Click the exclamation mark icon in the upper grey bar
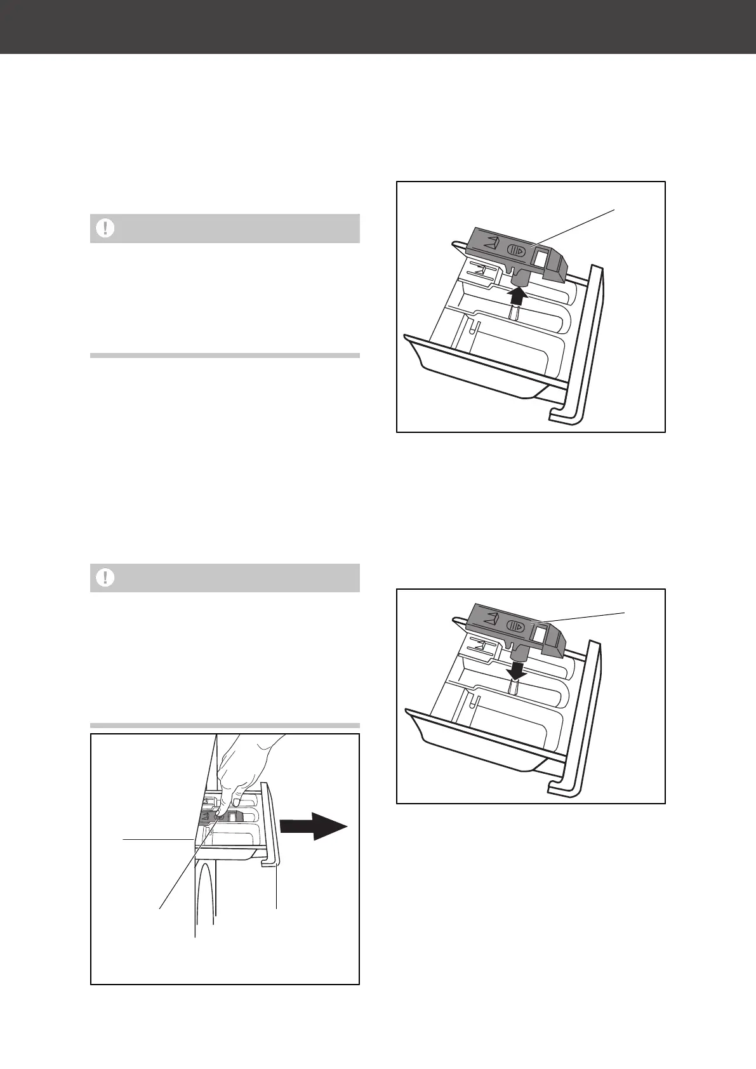(x=105, y=229)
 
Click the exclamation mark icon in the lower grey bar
(x=105, y=578)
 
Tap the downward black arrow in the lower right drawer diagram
(x=519, y=669)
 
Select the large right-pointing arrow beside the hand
(x=314, y=826)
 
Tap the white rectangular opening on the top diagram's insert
(x=543, y=256)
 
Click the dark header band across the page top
(x=378, y=27)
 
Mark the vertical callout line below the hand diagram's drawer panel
(x=277, y=889)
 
